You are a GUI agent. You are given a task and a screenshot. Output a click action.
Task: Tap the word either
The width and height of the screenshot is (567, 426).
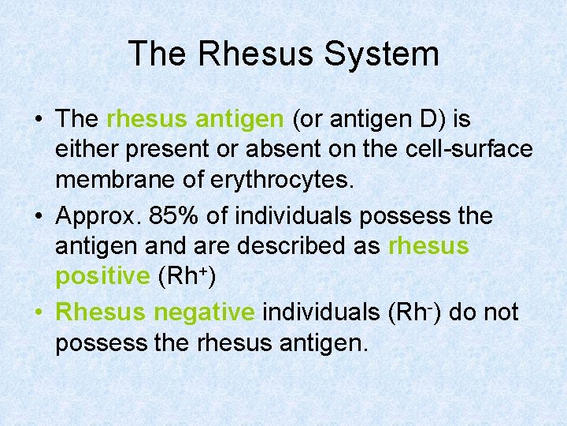(x=81, y=150)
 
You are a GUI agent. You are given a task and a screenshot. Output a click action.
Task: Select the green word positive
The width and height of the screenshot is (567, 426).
(x=102, y=277)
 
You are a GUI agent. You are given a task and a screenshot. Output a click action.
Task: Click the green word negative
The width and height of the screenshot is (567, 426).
(x=204, y=312)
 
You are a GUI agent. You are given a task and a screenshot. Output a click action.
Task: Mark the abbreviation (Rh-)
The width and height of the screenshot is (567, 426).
(x=416, y=312)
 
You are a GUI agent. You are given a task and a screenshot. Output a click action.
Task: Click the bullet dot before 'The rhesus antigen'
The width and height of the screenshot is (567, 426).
(x=38, y=120)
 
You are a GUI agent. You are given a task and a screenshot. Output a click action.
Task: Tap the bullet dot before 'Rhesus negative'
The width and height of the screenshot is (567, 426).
(x=38, y=313)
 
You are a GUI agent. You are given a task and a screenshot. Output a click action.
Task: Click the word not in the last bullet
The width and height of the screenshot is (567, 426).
(x=502, y=312)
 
